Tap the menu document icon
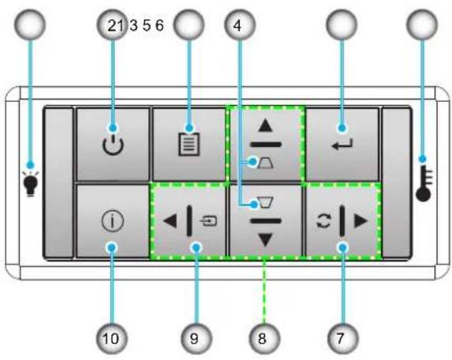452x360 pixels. click(x=189, y=144)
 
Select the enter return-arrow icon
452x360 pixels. click(x=342, y=144)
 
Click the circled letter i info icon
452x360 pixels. click(x=113, y=221)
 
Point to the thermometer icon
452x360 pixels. click(x=424, y=183)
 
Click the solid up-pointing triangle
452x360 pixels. click(x=265, y=126)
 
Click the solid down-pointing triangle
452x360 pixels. click(x=265, y=240)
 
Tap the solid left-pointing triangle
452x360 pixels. click(x=170, y=221)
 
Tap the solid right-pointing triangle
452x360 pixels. click(x=361, y=221)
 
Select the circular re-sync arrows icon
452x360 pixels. click(x=323, y=221)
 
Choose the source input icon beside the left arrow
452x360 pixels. click(x=208, y=221)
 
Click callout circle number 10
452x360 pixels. click(x=111, y=338)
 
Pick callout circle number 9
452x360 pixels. click(x=196, y=338)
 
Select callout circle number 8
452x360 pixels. click(x=264, y=338)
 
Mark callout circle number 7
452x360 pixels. click(x=343, y=338)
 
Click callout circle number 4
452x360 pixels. click(x=240, y=24)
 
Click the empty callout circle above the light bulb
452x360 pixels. click(x=30, y=24)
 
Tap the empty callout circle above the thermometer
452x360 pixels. click(x=422, y=24)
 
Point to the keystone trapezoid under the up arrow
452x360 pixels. click(x=266, y=163)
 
